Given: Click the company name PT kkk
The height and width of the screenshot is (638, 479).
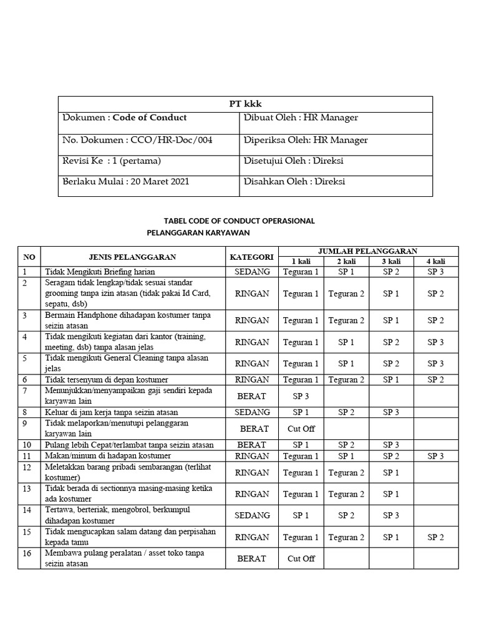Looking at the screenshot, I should pyautogui.click(x=245, y=104).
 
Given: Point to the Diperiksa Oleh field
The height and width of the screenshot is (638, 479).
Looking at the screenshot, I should pyautogui.click(x=305, y=140).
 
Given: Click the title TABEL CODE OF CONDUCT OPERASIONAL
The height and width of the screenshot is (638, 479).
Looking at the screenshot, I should pyautogui.click(x=239, y=221).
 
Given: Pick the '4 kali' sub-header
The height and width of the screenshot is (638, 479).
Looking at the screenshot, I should pyautogui.click(x=436, y=261).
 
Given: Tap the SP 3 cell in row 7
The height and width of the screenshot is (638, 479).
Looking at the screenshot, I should pyautogui.click(x=301, y=396).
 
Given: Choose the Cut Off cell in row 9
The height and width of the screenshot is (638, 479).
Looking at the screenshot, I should pyautogui.click(x=301, y=429).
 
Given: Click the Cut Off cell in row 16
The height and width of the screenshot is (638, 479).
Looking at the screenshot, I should pyautogui.click(x=301, y=558).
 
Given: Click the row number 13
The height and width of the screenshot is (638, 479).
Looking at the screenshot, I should pyautogui.click(x=27, y=488).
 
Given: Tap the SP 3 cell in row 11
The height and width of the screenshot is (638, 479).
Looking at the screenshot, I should pyautogui.click(x=436, y=456).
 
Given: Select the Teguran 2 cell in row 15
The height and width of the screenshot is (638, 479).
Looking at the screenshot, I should pyautogui.click(x=346, y=537).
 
